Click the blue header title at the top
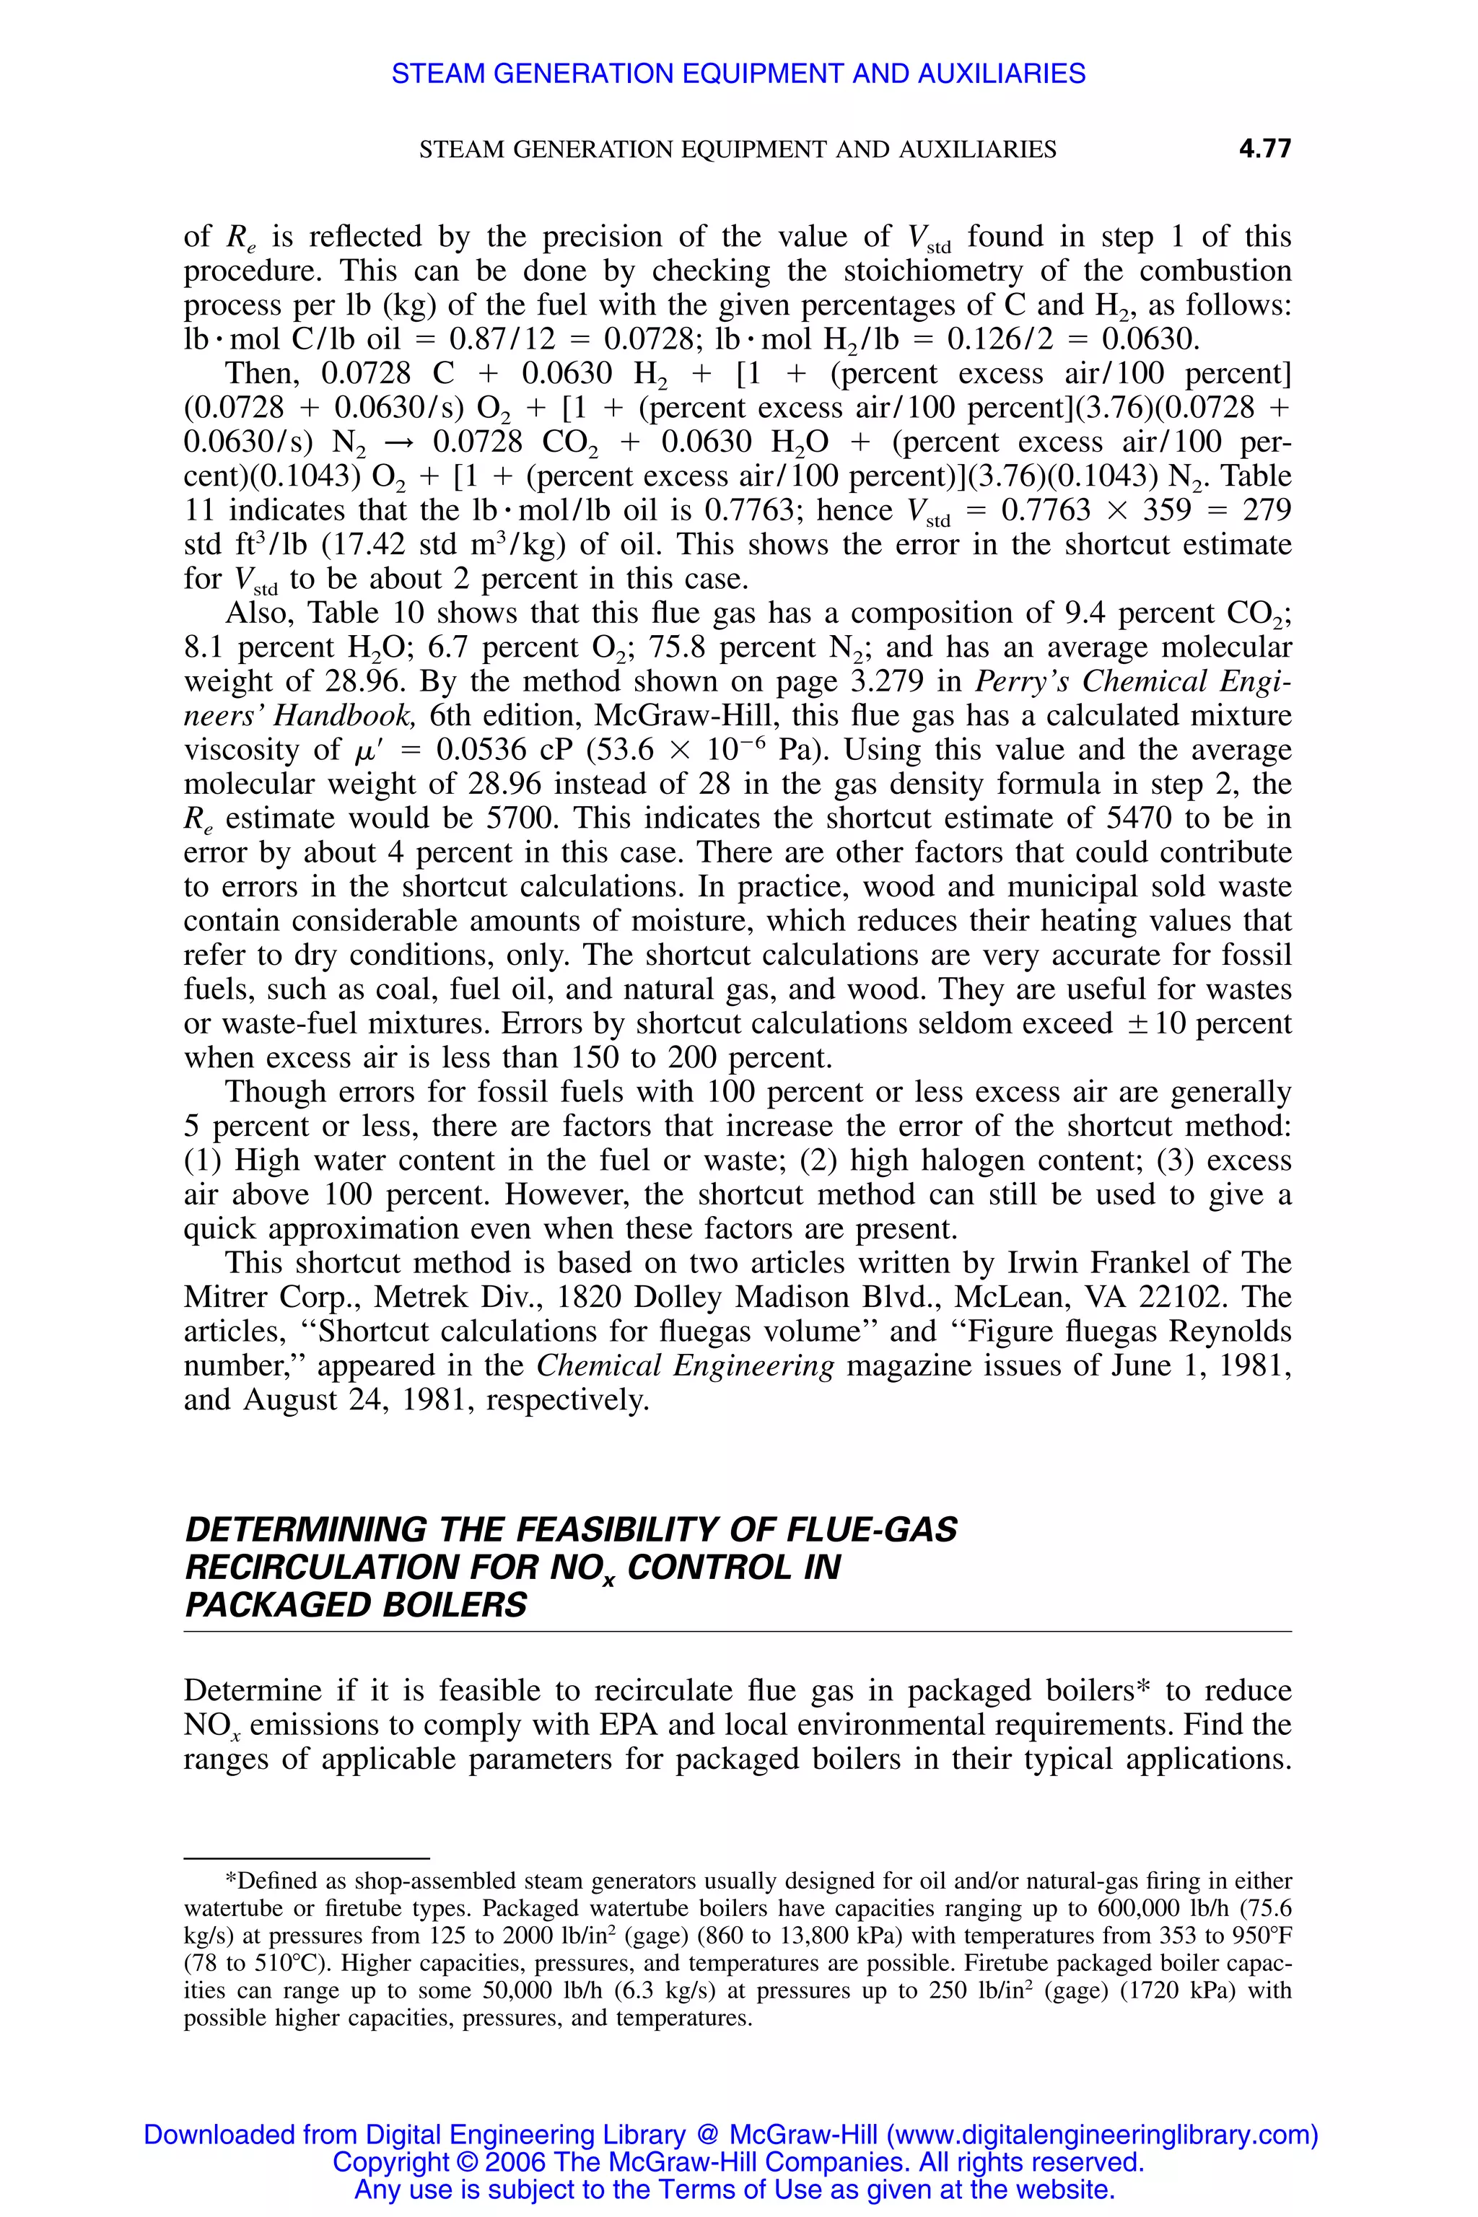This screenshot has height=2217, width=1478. point(738,74)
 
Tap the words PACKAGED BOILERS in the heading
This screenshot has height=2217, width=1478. point(357,1604)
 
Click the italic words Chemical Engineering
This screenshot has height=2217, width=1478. point(686,1366)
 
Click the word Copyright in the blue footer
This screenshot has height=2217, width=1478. point(391,2161)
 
